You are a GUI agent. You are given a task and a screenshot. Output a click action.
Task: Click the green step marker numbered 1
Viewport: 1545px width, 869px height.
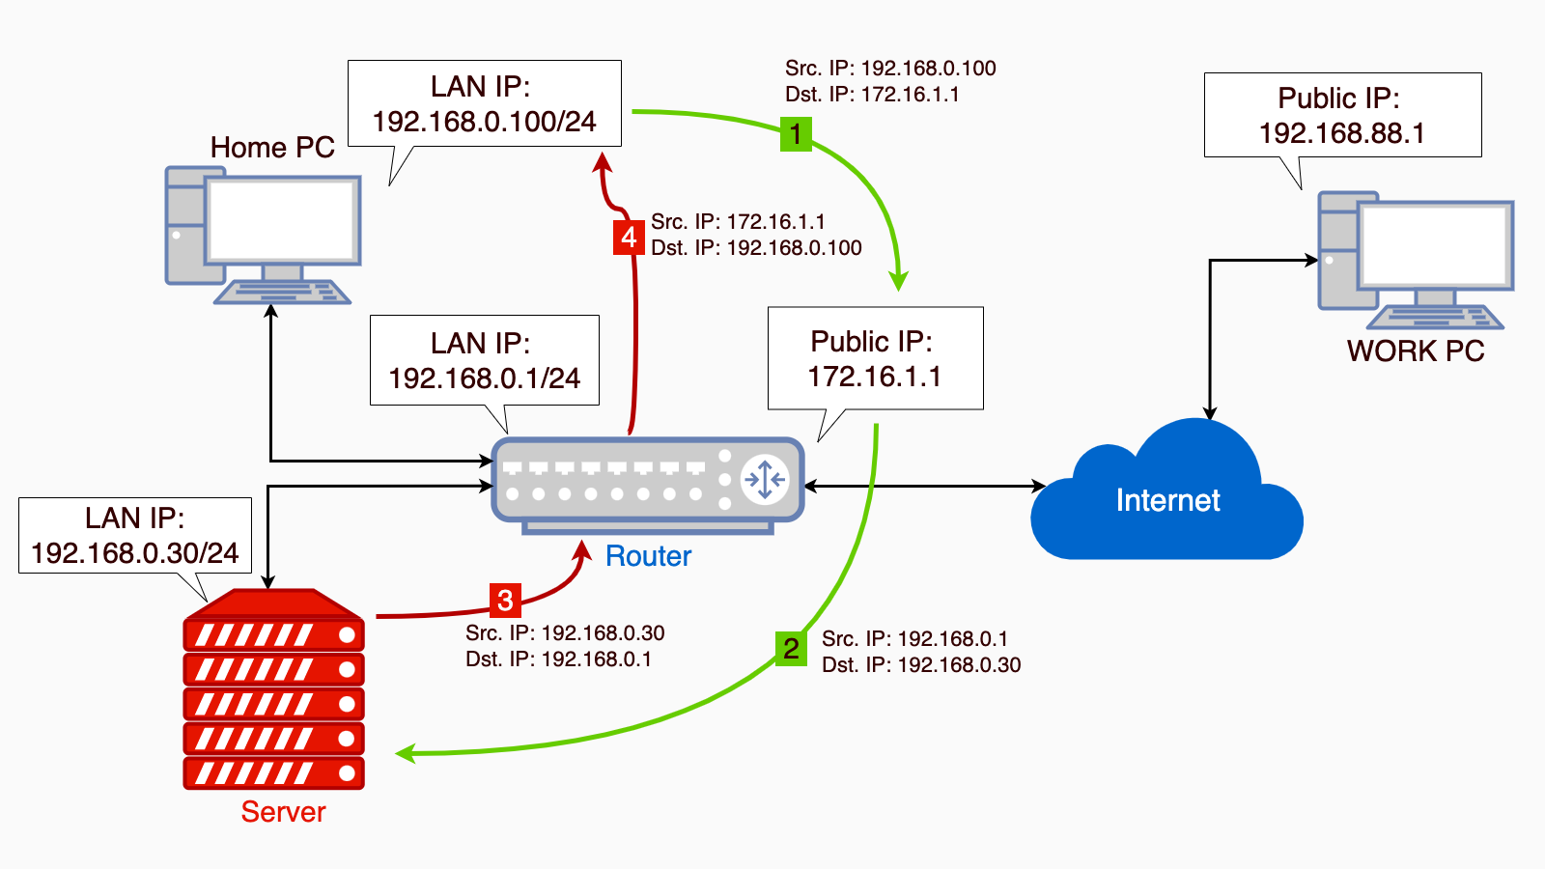[796, 134]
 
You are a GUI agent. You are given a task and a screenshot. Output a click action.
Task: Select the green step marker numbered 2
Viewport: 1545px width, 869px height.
[791, 649]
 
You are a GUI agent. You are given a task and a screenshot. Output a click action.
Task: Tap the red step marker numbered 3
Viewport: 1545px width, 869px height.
[505, 601]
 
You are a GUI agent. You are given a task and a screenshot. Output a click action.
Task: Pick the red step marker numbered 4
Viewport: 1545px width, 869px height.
[629, 238]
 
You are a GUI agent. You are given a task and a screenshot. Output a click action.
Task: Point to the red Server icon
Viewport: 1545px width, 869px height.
[273, 689]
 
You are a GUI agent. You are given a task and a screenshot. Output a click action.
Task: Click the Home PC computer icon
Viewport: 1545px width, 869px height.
[263, 236]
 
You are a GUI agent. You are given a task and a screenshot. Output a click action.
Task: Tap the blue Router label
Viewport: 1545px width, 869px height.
[648, 556]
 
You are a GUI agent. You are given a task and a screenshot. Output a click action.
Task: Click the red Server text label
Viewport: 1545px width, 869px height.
[283, 812]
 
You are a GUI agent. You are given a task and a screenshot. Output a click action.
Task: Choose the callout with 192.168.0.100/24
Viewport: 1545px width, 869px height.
[484, 104]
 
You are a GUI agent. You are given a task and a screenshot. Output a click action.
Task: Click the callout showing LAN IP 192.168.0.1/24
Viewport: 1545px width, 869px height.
[484, 360]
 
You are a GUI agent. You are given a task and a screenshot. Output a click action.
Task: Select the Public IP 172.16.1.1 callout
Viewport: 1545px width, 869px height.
[875, 358]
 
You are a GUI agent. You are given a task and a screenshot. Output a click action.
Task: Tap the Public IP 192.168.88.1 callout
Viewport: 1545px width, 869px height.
[1342, 115]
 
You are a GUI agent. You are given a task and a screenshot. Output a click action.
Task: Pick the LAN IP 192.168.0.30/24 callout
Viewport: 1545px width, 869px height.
[135, 536]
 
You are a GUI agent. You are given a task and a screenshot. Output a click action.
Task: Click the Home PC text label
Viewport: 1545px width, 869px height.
[272, 148]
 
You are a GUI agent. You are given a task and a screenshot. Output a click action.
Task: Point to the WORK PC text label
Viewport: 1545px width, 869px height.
[1416, 351]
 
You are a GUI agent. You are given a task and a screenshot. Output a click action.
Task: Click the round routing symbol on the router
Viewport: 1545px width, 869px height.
[765, 479]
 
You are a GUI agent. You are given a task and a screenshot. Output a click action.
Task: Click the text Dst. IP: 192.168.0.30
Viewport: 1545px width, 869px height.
[921, 665]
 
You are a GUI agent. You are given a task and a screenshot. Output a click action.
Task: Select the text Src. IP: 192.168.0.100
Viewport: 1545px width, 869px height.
[890, 69]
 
